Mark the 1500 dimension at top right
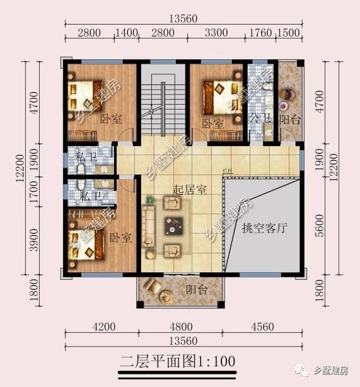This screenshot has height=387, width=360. click(x=291, y=33)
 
